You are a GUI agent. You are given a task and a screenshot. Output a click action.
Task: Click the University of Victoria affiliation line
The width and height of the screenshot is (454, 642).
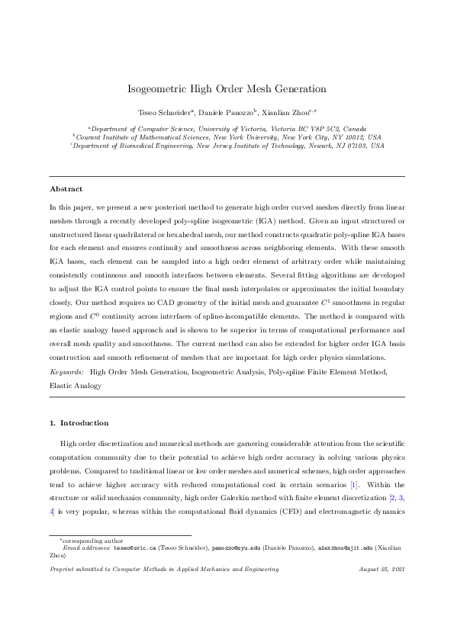tap(227, 129)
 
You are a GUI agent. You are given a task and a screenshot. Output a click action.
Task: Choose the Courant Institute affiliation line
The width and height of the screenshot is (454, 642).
tap(227, 136)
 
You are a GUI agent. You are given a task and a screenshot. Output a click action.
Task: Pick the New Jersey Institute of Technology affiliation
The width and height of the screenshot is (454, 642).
tap(227, 145)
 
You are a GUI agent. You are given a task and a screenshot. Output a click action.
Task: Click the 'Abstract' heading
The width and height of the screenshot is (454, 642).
tap(66, 188)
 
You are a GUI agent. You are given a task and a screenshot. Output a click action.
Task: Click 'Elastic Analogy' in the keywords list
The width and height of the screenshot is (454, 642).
tap(76, 386)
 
